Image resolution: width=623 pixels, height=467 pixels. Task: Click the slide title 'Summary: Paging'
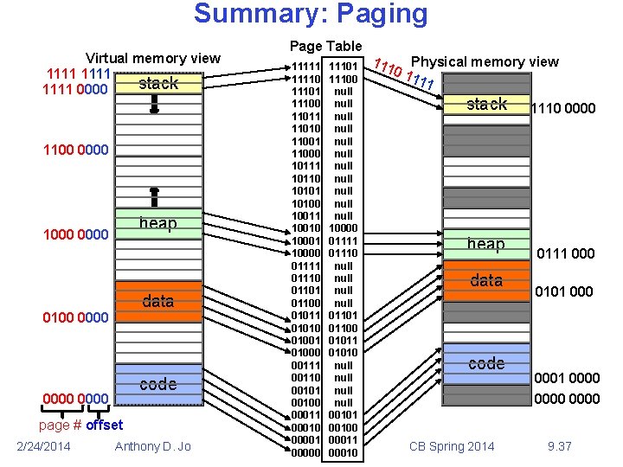[311, 15]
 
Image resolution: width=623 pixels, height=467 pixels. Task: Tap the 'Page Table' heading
[326, 46]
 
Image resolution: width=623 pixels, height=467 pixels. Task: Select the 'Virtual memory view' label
[153, 59]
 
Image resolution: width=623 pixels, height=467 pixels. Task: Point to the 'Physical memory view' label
[485, 61]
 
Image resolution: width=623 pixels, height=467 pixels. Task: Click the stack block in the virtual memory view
[157, 84]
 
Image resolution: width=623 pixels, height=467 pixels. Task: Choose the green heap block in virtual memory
[157, 223]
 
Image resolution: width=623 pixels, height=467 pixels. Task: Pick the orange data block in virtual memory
[157, 301]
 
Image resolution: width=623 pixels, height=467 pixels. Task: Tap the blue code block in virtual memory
[157, 384]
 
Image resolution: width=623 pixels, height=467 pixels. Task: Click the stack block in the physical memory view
[486, 105]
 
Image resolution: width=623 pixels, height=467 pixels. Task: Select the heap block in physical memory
[486, 244]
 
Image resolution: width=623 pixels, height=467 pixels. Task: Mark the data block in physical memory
[486, 280]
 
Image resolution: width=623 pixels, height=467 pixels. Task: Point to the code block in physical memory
[486, 363]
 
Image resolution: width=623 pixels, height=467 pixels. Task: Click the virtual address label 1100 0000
[76, 150]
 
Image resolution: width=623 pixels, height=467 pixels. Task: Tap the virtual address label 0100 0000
[76, 318]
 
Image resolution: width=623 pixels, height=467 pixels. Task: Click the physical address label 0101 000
[564, 291]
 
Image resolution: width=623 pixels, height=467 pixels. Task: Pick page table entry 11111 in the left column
[307, 66]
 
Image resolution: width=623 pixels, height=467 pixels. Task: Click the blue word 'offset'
[105, 425]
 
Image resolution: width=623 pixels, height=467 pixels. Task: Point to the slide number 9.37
[560, 446]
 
